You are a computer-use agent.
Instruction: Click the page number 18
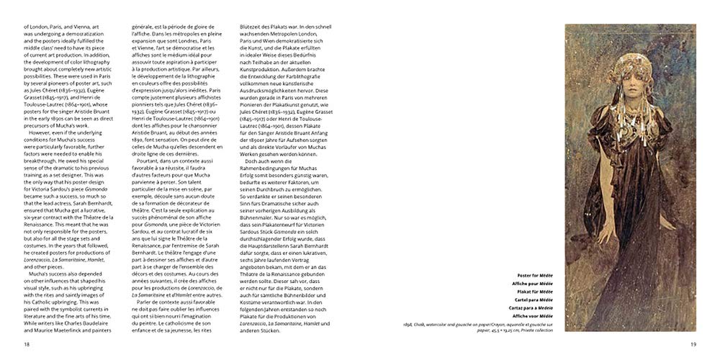[x=27, y=346]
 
